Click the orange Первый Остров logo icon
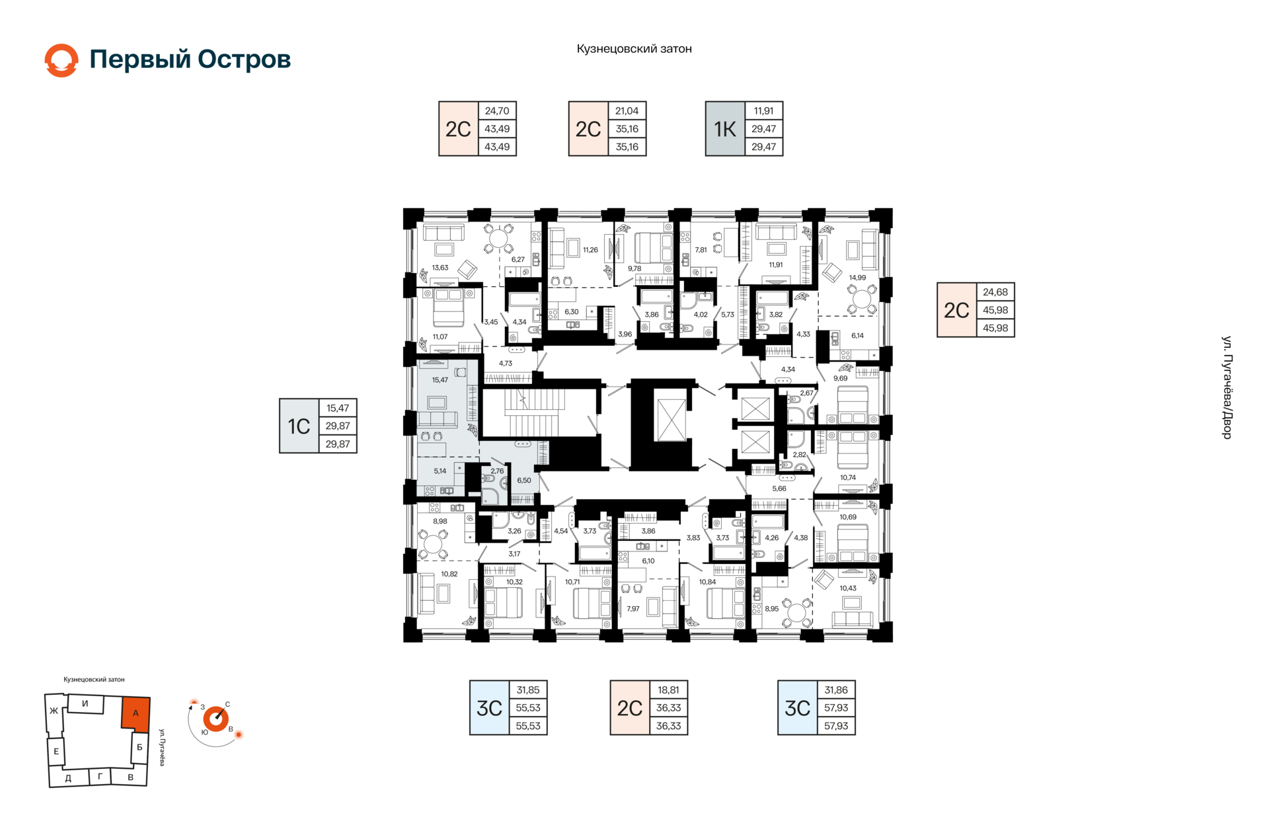pyautogui.click(x=61, y=60)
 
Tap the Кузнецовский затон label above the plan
pyautogui.click(x=634, y=49)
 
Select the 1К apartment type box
pyautogui.click(x=725, y=129)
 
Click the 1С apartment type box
pyautogui.click(x=299, y=426)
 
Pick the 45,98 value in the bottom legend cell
pyautogui.click(x=995, y=328)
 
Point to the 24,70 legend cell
pyautogui.click(x=497, y=111)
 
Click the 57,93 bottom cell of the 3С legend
pyautogui.click(x=836, y=726)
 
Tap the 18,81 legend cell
pyautogui.click(x=668, y=690)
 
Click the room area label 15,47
pyautogui.click(x=440, y=380)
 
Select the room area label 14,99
pyautogui.click(x=857, y=278)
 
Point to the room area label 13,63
pyautogui.click(x=440, y=268)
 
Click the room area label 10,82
pyautogui.click(x=449, y=574)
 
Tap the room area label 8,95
pyautogui.click(x=771, y=609)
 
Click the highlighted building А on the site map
pyautogui.click(x=135, y=714)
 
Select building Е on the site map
pyautogui.click(x=56, y=751)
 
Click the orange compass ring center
pyautogui.click(x=215, y=719)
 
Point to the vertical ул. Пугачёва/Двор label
pyautogui.click(x=1227, y=387)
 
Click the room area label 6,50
pyautogui.click(x=524, y=481)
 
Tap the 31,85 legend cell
pyautogui.click(x=528, y=690)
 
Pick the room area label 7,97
pyautogui.click(x=633, y=609)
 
